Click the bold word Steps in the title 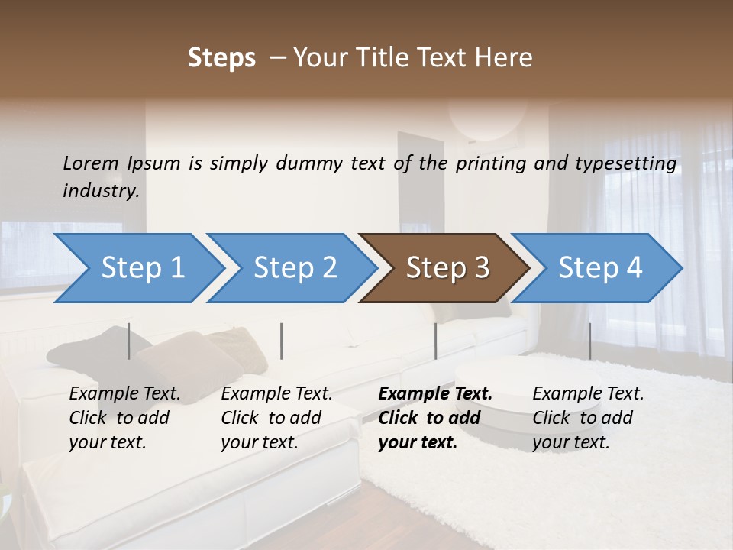pos(221,58)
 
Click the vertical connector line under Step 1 pos(128,341)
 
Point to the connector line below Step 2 pos(282,341)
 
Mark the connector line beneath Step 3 pos(435,341)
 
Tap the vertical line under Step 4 pos(589,341)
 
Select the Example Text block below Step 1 pos(124,418)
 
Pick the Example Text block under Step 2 pos(276,418)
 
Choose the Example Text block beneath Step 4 pos(588,418)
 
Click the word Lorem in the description pos(91,163)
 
